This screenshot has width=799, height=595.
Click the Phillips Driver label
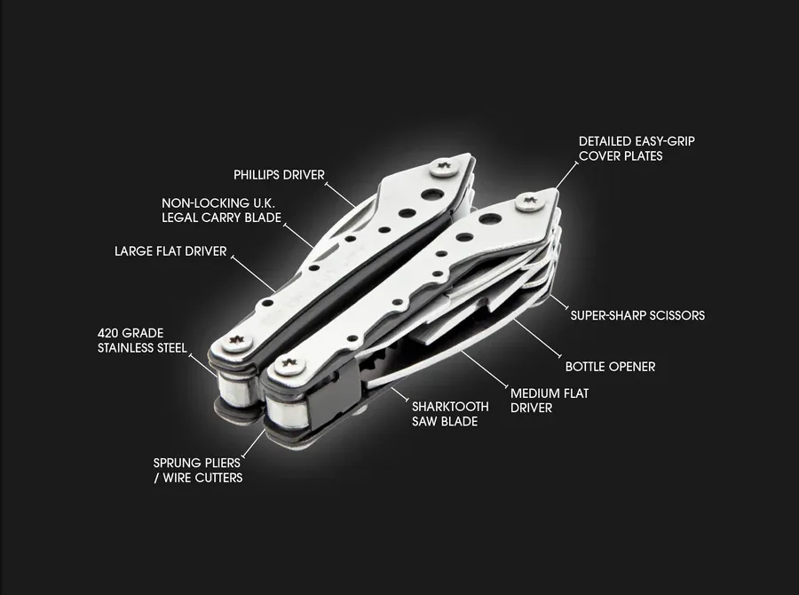point(279,175)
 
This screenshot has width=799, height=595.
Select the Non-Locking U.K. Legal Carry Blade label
point(222,210)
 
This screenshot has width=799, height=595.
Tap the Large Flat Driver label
point(170,250)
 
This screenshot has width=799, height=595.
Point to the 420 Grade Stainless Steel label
point(142,341)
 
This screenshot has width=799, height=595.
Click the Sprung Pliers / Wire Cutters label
point(198,470)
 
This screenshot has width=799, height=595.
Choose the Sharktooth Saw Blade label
point(450,414)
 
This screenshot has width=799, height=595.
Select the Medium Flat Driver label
point(550,401)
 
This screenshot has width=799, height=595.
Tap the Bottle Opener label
point(610,367)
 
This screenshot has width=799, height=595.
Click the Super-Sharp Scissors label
point(637,315)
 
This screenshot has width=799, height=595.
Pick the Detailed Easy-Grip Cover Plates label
point(637,148)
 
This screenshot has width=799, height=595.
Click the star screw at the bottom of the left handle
point(236,342)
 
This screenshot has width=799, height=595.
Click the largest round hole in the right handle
point(490,220)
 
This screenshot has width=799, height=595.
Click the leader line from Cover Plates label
point(566,176)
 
